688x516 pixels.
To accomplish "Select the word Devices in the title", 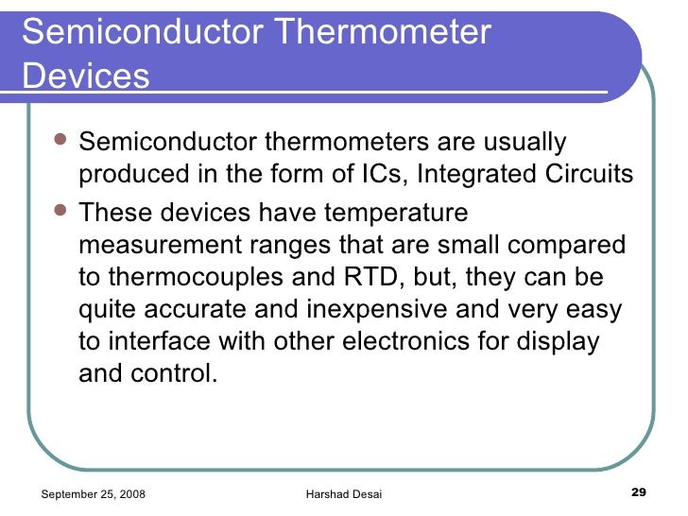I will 85,76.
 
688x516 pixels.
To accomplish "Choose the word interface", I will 160,341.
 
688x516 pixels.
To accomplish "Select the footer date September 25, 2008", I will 94,493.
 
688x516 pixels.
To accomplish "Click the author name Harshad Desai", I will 344,493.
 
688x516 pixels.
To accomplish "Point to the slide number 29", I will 637,492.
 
